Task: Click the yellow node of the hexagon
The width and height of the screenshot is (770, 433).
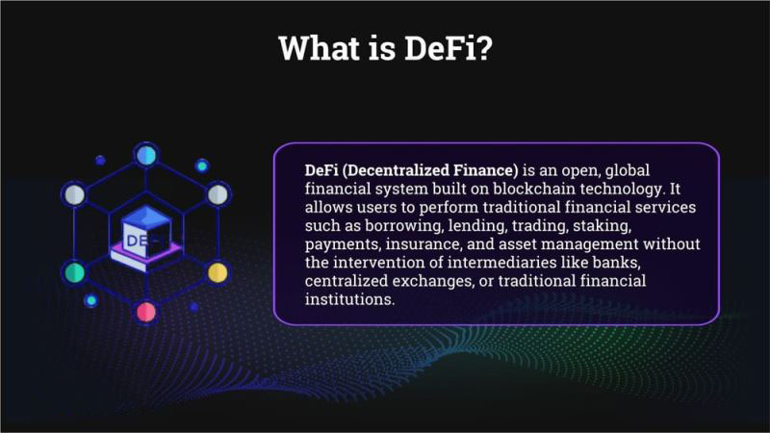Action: (x=218, y=272)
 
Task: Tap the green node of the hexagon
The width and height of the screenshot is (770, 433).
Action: (x=74, y=272)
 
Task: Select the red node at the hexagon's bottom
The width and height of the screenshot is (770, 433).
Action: (x=146, y=312)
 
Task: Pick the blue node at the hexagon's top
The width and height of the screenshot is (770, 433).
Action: (x=146, y=154)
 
